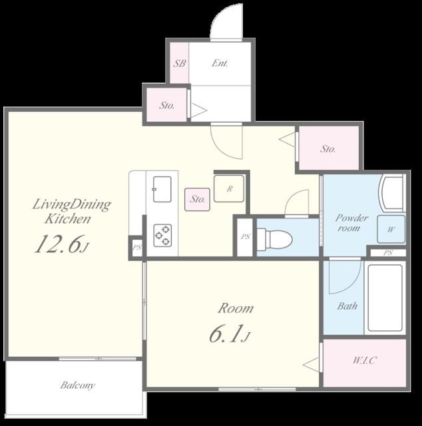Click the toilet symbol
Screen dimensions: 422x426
tap(274, 239)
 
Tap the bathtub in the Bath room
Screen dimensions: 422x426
tap(385, 298)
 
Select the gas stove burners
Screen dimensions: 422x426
tap(162, 235)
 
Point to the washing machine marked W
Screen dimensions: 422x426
tap(391, 229)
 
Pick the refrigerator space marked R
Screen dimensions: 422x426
tap(229, 188)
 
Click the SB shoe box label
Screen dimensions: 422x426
tap(180, 63)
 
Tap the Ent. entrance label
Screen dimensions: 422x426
tap(220, 63)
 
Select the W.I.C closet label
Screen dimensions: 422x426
tap(364, 361)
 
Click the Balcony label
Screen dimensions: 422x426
tap(78, 385)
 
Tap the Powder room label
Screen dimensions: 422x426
tap(351, 223)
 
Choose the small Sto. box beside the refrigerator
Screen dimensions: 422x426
tap(197, 200)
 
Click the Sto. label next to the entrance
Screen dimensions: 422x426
tap(167, 105)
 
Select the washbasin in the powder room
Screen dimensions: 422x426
tap(393, 192)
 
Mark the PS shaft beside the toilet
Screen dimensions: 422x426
tap(245, 237)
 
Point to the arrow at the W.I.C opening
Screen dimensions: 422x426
tap(311, 365)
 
